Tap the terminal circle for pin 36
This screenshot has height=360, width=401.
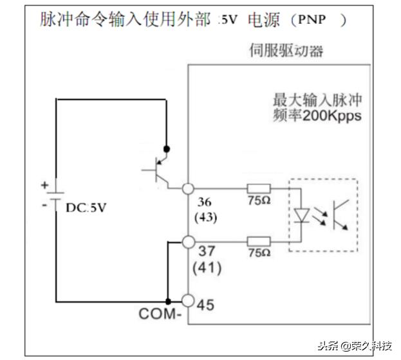point(188,189)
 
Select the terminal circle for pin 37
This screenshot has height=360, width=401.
point(188,242)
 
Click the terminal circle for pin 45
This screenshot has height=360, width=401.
point(188,301)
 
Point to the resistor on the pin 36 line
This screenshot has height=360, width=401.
point(259,189)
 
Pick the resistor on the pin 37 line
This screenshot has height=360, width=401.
point(259,242)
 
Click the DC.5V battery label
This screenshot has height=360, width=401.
point(86,208)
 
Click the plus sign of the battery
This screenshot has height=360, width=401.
point(44,184)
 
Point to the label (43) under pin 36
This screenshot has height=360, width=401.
point(205,217)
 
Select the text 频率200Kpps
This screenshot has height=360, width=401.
point(317,116)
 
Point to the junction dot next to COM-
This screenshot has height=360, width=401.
point(167,301)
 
